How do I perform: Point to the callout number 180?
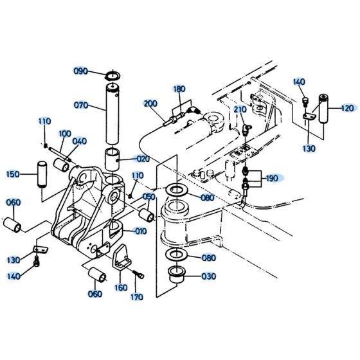point(179,89)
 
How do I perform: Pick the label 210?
point(240,110)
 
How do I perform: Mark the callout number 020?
point(141,159)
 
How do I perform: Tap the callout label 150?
point(12,174)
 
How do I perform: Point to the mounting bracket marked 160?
point(120,262)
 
